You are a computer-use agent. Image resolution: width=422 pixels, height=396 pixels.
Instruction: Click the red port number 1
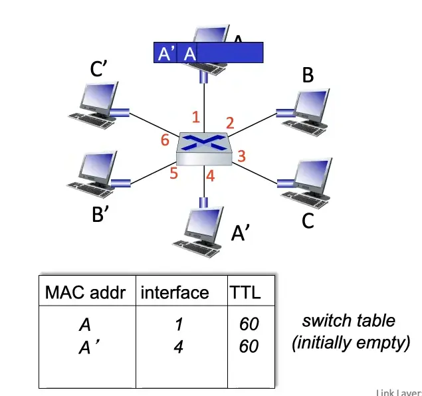[x=195, y=118]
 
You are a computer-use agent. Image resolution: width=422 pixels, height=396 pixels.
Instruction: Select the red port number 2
[x=230, y=122]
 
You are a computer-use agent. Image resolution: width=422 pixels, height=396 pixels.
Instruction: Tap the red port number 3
[x=242, y=156]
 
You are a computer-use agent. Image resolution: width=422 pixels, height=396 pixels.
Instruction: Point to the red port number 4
[x=210, y=177]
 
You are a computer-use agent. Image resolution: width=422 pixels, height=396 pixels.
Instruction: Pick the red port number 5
[x=174, y=173]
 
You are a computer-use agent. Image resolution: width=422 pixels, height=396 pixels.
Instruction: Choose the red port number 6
[x=165, y=140]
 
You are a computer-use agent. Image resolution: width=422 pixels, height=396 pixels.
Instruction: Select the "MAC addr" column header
[x=85, y=292]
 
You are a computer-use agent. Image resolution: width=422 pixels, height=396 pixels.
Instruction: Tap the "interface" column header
[x=175, y=292]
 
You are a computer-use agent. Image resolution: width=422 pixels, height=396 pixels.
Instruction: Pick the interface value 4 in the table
[x=177, y=346]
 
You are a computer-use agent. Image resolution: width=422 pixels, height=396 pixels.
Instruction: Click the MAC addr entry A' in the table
[x=85, y=346]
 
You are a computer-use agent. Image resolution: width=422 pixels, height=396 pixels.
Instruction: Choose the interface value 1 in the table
[x=177, y=325]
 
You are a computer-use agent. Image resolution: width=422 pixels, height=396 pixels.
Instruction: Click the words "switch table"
[x=349, y=321]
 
